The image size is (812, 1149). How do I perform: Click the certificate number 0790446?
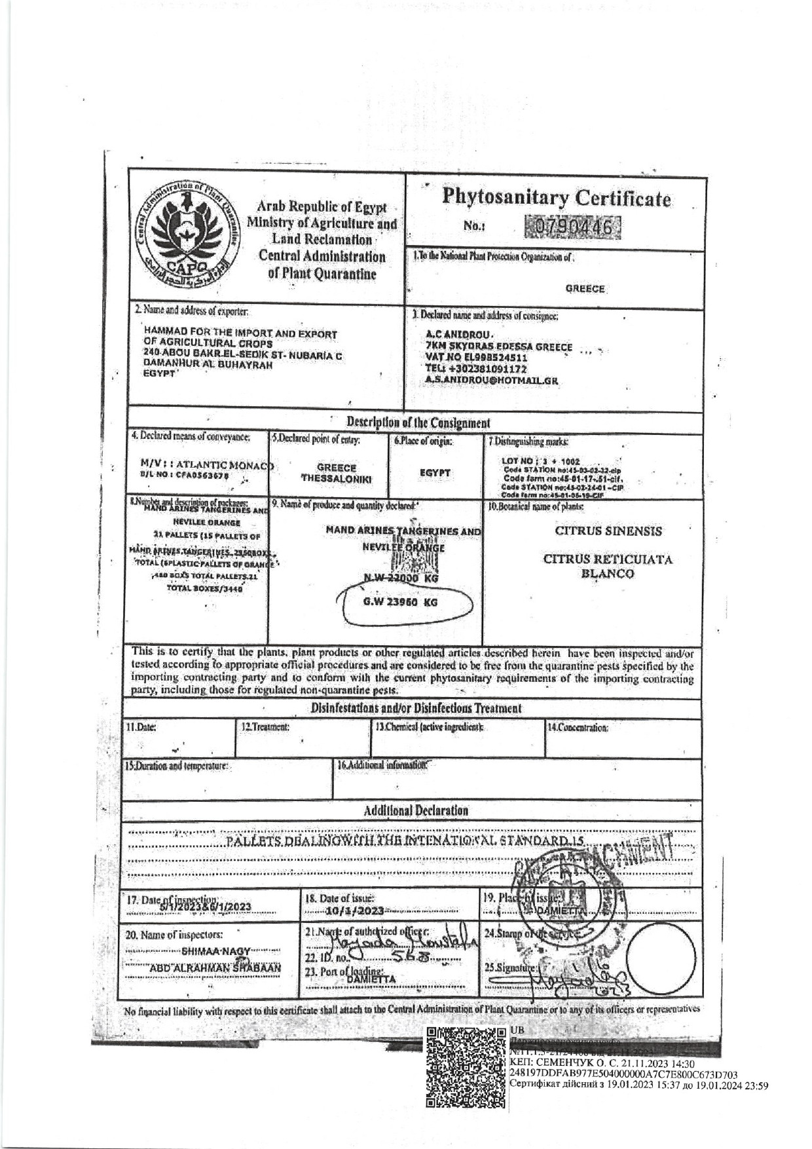(x=573, y=229)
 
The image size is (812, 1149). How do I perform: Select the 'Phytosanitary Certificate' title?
(x=557, y=198)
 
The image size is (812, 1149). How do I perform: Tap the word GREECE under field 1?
(x=585, y=289)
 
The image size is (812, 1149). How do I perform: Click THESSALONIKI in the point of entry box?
(x=337, y=479)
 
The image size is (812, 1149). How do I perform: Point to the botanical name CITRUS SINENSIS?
(x=608, y=531)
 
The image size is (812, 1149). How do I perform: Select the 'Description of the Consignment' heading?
(x=418, y=423)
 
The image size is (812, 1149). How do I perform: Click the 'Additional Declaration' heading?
(x=416, y=810)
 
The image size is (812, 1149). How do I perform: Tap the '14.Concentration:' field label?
(x=578, y=727)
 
